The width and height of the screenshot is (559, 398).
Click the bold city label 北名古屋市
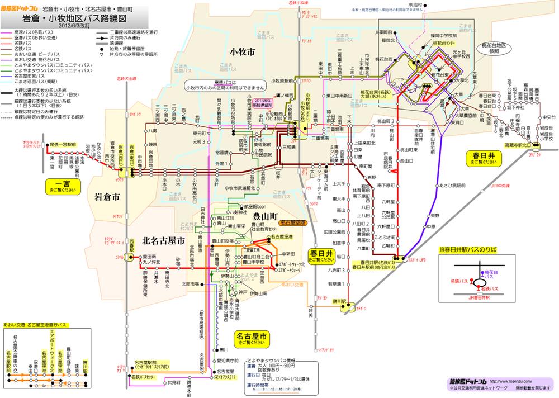[x=164, y=241]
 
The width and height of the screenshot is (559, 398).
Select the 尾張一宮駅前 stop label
[x=63, y=144]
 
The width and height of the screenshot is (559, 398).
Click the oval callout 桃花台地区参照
[x=493, y=46]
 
